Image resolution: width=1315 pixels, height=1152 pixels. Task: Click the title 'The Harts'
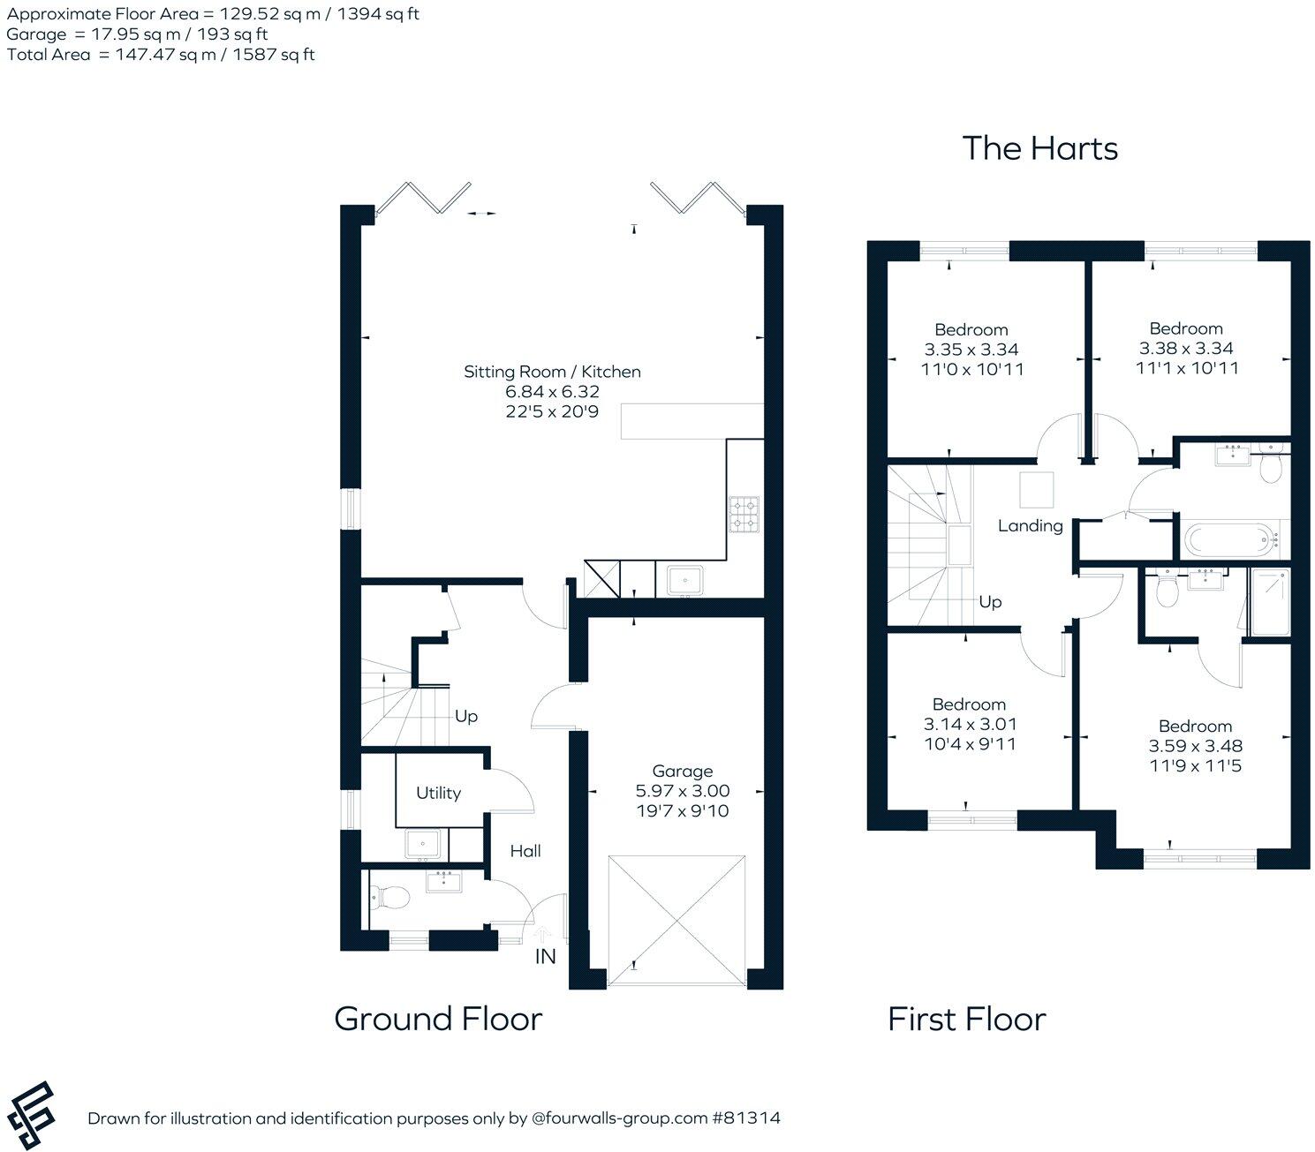pyautogui.click(x=1039, y=148)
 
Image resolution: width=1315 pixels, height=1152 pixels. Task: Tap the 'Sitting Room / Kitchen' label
pyautogui.click(x=552, y=372)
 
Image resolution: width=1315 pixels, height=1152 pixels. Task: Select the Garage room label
pyautogui.click(x=682, y=771)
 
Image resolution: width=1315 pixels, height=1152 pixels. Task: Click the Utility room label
pyautogui.click(x=438, y=793)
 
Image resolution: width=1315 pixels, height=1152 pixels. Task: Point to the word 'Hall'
pyautogui.click(x=525, y=851)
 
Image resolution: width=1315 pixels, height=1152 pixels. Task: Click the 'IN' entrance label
pyautogui.click(x=546, y=956)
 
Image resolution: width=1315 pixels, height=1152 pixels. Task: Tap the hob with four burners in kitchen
pyautogui.click(x=744, y=515)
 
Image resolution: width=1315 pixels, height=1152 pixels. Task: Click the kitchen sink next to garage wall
pyautogui.click(x=684, y=581)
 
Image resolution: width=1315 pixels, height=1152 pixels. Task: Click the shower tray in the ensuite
pyautogui.click(x=1270, y=602)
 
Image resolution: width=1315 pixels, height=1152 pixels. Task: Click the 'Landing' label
pyautogui.click(x=1030, y=526)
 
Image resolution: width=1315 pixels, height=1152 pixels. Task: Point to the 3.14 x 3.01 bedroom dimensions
pyautogui.click(x=970, y=724)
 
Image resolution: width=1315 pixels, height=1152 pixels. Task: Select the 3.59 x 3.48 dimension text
pyautogui.click(x=1195, y=746)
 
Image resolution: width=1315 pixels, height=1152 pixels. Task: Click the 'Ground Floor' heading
pyautogui.click(x=438, y=1019)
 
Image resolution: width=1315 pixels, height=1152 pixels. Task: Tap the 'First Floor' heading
pyautogui.click(x=966, y=1020)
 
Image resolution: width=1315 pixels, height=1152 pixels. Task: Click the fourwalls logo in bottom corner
pyautogui.click(x=28, y=1116)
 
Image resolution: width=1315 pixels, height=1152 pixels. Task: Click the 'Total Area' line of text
pyautogui.click(x=161, y=55)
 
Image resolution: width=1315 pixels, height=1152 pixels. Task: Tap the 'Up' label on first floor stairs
pyautogui.click(x=990, y=601)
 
